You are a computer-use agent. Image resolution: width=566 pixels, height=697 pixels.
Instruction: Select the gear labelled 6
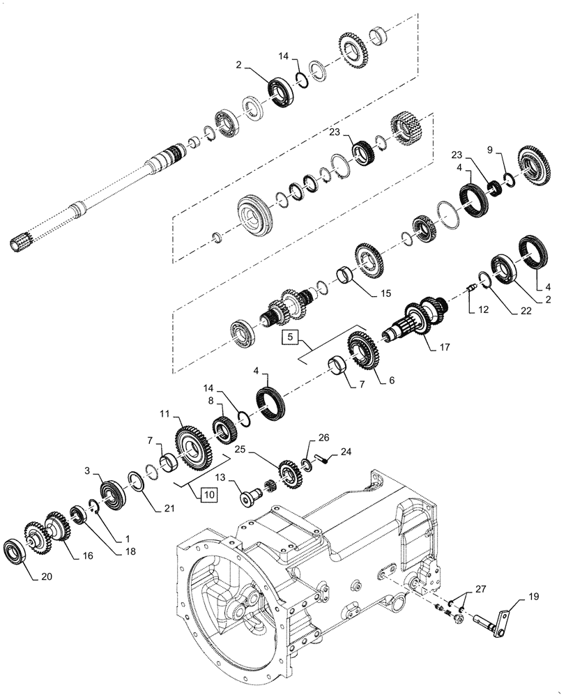pyautogui.click(x=364, y=351)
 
